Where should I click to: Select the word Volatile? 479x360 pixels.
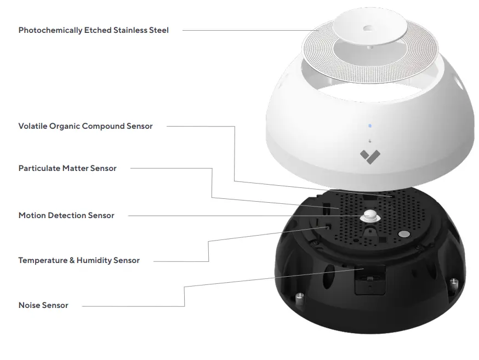32,126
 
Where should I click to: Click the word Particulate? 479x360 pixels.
39,168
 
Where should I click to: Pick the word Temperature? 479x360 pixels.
43,260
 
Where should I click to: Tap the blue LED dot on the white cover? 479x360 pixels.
370,125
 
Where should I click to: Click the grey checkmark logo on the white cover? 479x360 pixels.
369,157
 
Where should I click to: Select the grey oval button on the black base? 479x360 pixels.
404,234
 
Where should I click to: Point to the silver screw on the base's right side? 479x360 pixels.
454,284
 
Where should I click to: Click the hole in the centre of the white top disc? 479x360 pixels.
366,26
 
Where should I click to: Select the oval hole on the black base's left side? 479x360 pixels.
328,278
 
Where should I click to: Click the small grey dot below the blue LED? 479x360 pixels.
370,140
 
